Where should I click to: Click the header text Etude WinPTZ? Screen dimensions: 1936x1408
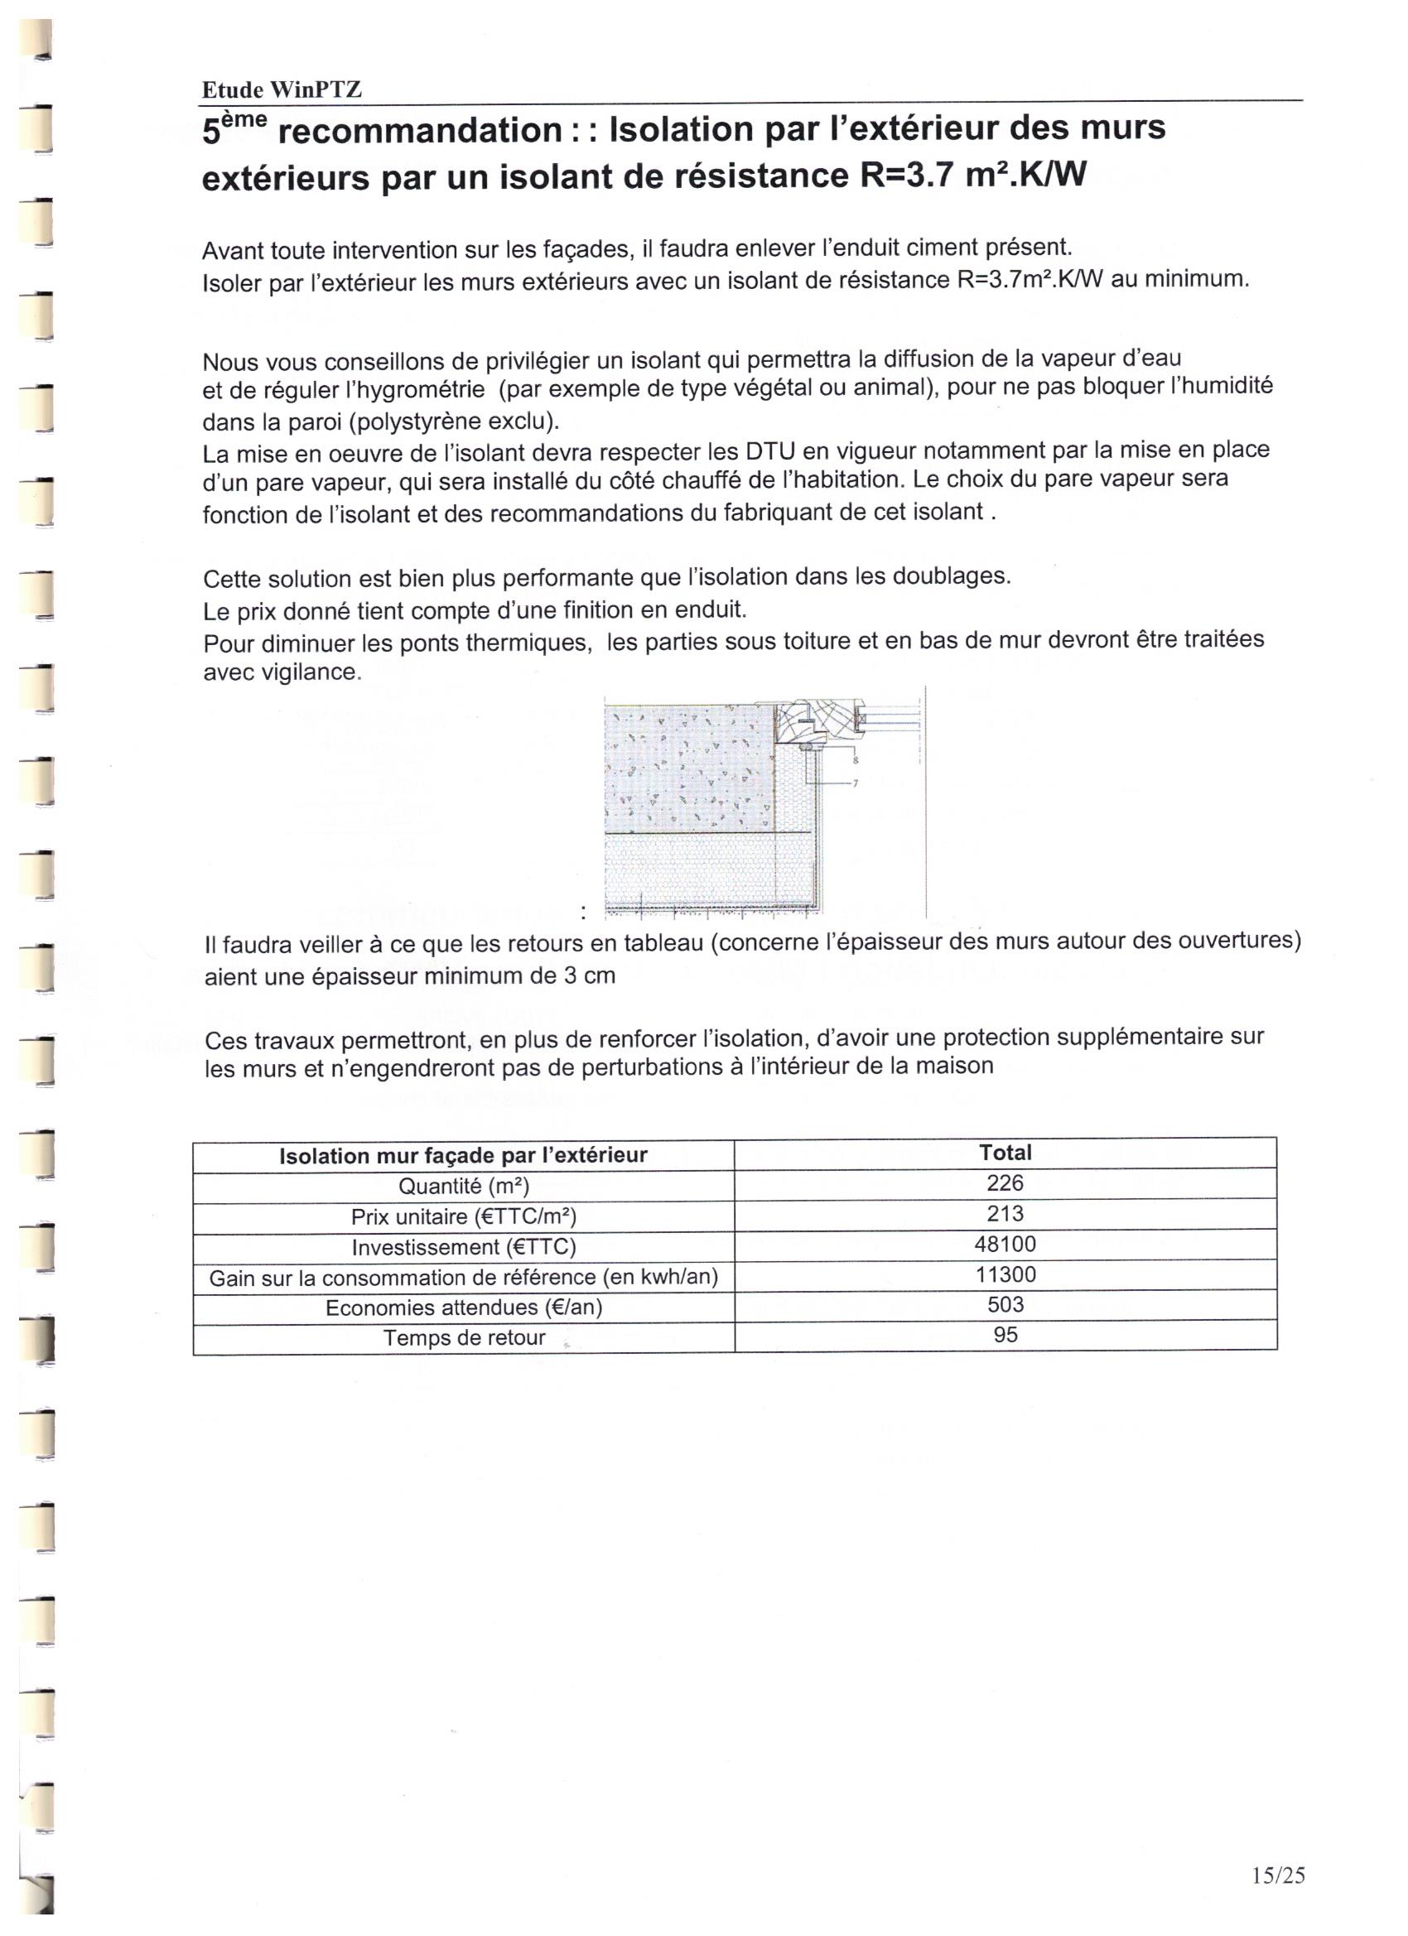pyautogui.click(x=282, y=89)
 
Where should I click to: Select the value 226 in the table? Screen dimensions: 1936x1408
pyautogui.click(x=1004, y=1183)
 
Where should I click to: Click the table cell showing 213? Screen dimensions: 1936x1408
pyautogui.click(x=1004, y=1214)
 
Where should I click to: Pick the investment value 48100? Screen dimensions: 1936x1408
pyautogui.click(x=1004, y=1244)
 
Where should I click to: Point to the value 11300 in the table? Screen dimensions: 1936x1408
pyautogui.click(x=1005, y=1274)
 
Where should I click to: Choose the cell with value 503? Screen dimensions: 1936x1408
pyautogui.click(x=1005, y=1304)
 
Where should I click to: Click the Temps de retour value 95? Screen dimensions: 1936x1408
pyautogui.click(x=1005, y=1334)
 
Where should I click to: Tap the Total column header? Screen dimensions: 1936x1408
pyautogui.click(x=1005, y=1153)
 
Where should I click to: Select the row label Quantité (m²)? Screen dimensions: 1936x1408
pyautogui.click(x=464, y=1187)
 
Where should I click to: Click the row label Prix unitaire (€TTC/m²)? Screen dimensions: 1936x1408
pyautogui.click(x=464, y=1216)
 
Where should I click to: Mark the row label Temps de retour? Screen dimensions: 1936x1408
pyautogui.click(x=464, y=1337)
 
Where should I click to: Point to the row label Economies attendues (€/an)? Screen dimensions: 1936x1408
pyautogui.click(x=464, y=1308)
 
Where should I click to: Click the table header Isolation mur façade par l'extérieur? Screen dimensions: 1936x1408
pyautogui.click(x=464, y=1156)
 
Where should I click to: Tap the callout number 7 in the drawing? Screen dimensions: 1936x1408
pyautogui.click(x=856, y=783)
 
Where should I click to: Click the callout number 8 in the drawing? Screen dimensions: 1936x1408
pyautogui.click(x=856, y=759)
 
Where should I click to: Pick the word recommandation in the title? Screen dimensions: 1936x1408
pyautogui.click(x=420, y=131)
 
